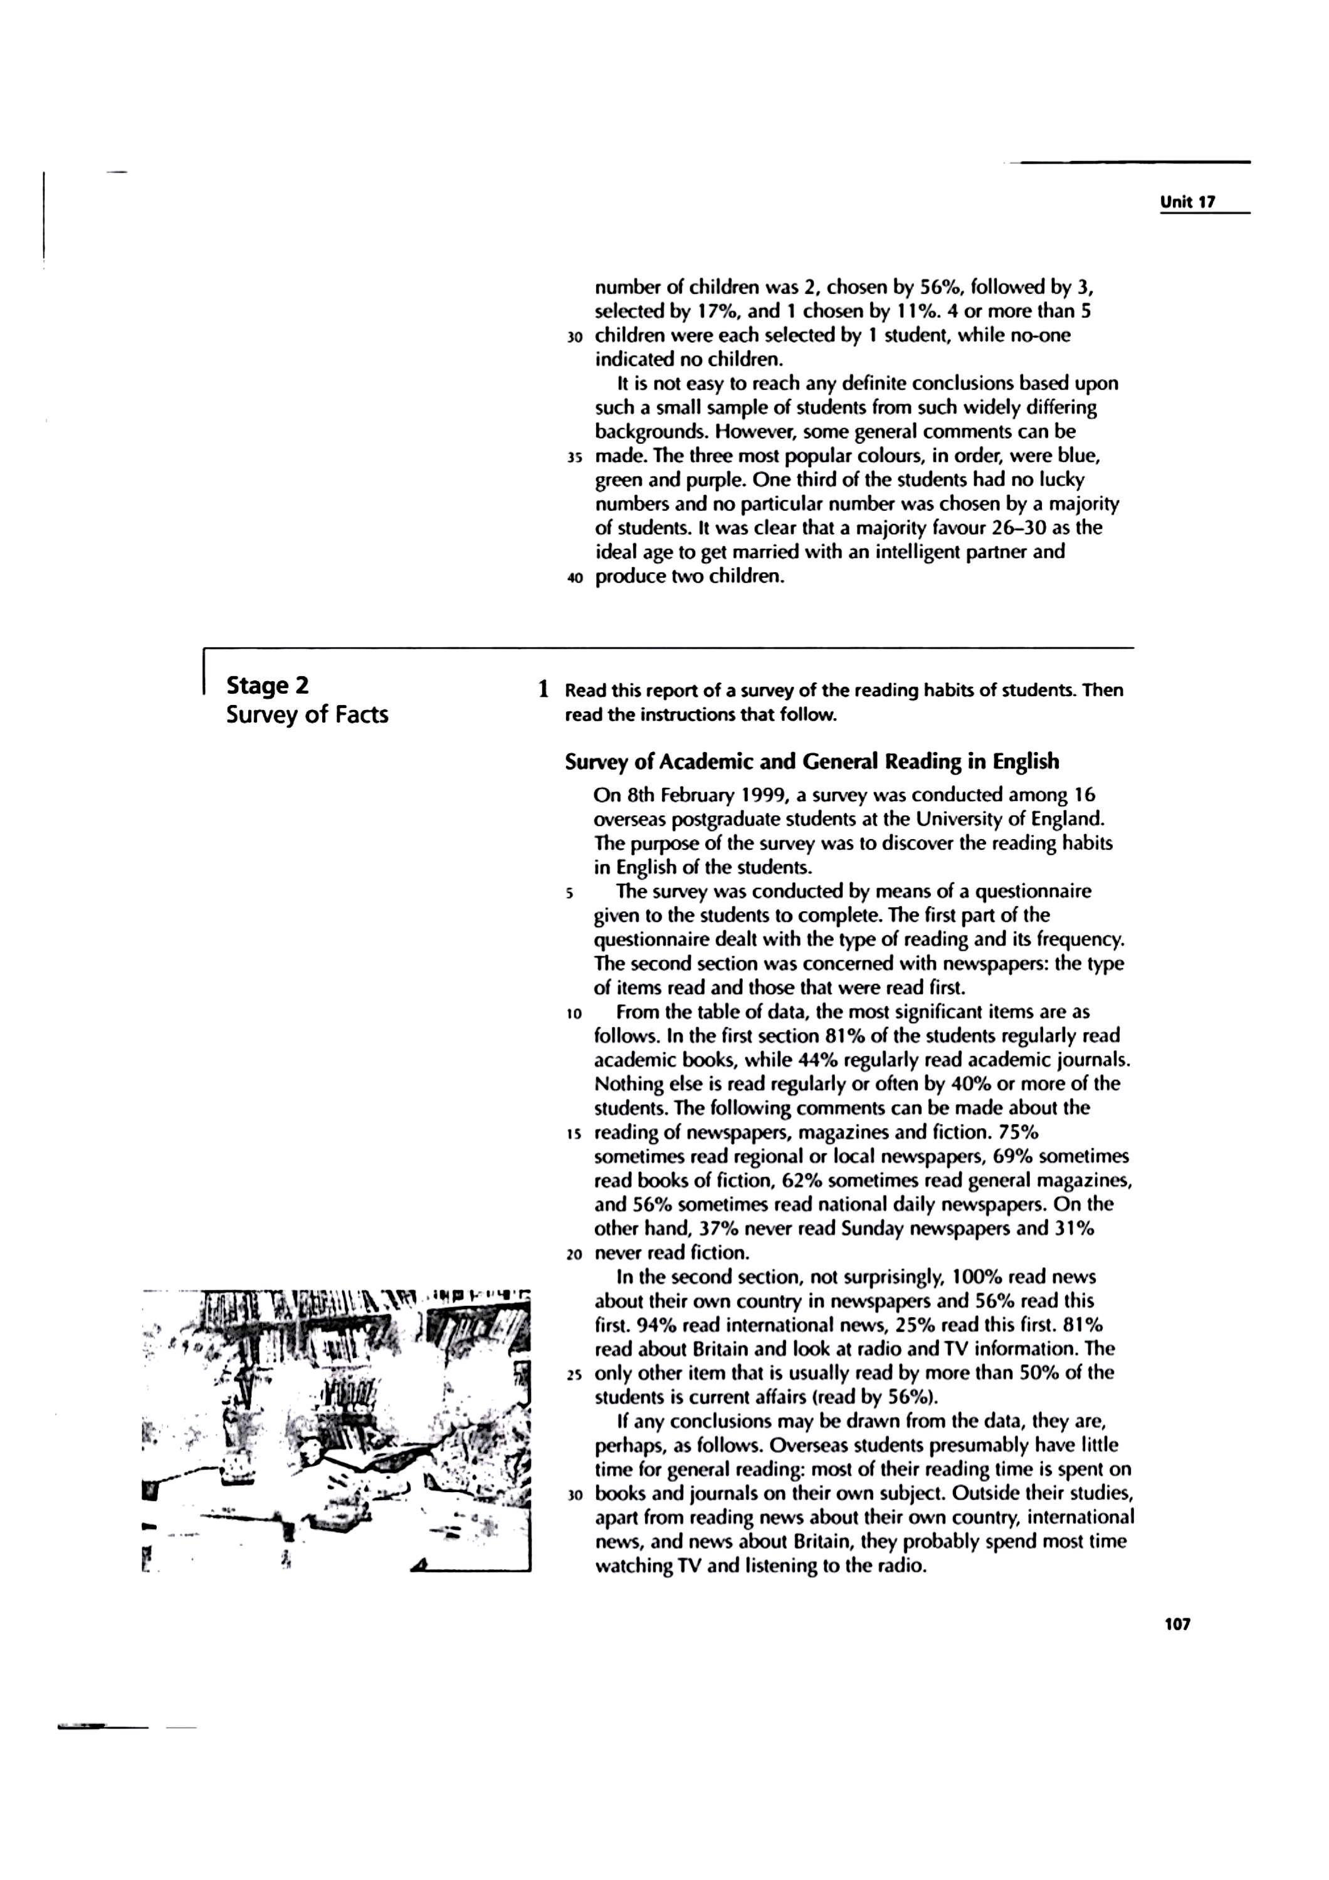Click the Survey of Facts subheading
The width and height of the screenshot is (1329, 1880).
click(x=307, y=715)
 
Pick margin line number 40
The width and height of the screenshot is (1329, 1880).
click(x=574, y=578)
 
